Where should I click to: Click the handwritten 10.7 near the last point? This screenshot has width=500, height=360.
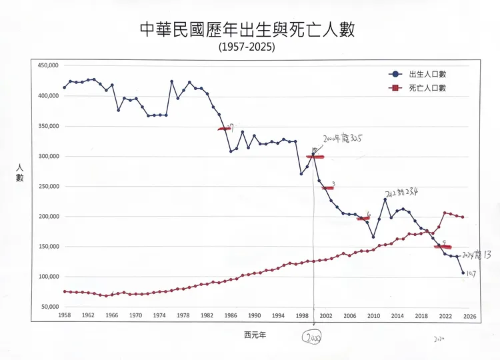pyautogui.click(x=471, y=273)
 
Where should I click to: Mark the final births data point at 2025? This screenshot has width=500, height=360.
pyautogui.click(x=463, y=273)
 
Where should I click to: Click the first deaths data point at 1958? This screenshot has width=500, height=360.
pyautogui.click(x=65, y=291)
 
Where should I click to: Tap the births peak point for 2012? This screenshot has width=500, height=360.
pyautogui.click(x=385, y=199)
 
